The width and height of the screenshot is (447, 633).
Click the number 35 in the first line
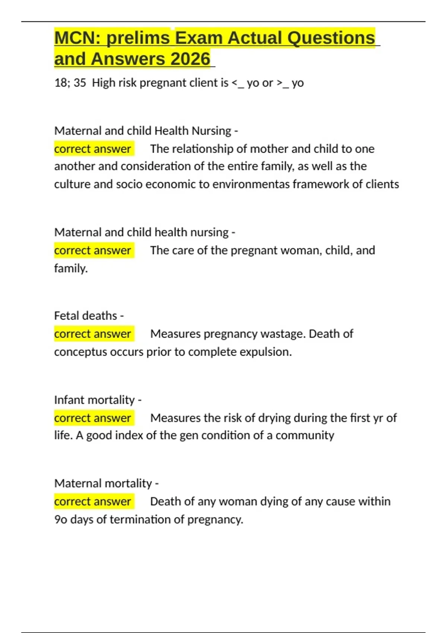80,83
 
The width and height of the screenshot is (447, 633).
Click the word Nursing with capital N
211,131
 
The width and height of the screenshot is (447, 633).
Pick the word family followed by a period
71,268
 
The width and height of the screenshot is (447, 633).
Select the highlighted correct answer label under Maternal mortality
93,502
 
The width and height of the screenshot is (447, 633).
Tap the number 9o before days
61,519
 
